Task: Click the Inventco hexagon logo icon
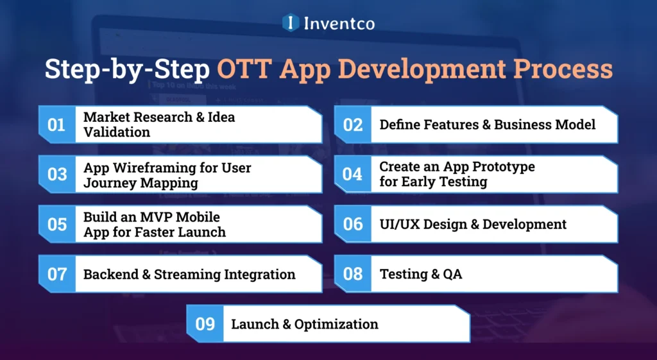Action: point(291,22)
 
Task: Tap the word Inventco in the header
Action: point(338,23)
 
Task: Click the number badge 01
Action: point(57,124)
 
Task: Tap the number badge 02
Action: point(353,124)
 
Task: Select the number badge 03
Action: point(57,174)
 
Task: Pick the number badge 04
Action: point(353,174)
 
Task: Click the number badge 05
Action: point(57,224)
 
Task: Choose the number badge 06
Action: point(353,224)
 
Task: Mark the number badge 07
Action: point(57,274)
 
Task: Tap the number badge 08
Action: point(353,274)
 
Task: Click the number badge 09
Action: point(205,324)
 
